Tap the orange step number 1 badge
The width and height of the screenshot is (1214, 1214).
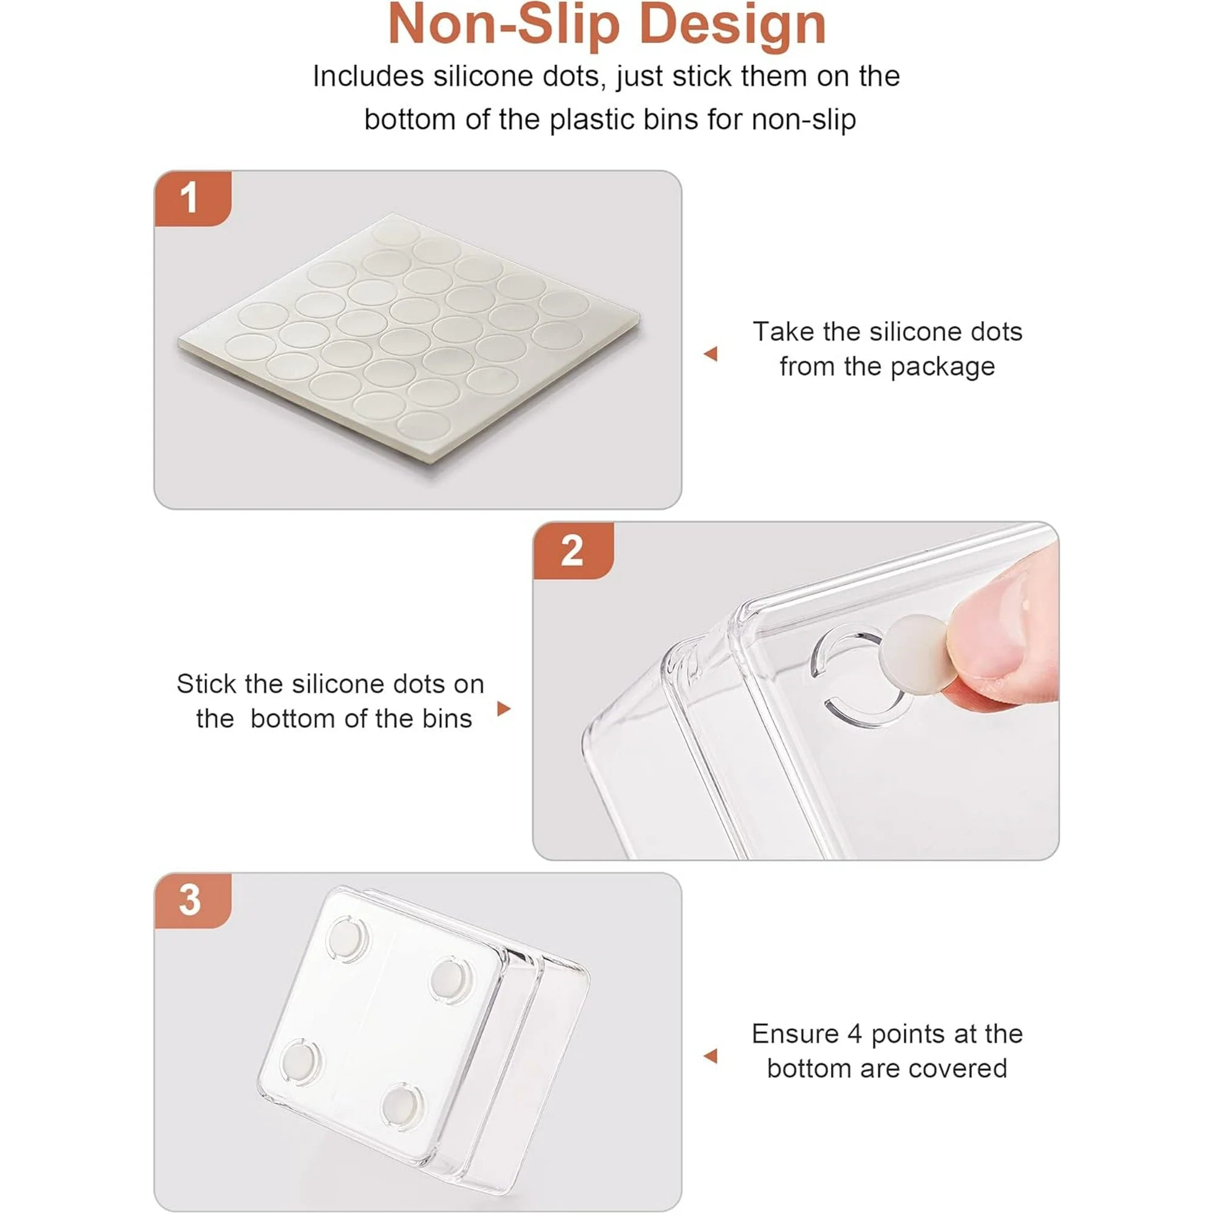click(193, 198)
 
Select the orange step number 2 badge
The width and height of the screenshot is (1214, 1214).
click(573, 551)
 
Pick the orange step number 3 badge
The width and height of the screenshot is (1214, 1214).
click(193, 900)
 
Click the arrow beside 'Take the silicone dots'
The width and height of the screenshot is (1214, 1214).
click(711, 354)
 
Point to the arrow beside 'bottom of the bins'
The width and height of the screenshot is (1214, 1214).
click(503, 709)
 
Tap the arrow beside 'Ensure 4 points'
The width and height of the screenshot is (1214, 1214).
click(711, 1056)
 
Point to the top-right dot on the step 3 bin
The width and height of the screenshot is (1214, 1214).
click(449, 980)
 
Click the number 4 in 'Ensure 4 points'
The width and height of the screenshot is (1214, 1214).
click(854, 1034)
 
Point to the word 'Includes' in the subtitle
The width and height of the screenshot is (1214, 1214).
click(368, 76)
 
